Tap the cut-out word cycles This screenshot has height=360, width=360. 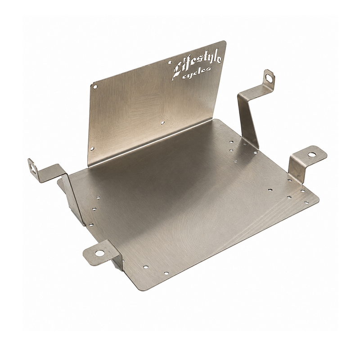197,72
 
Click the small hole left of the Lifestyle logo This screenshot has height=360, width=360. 170,62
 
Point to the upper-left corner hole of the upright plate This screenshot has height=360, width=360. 95,87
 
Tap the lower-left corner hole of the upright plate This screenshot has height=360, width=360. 92,148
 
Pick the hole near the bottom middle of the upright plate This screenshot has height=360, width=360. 162,123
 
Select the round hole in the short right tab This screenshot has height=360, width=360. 311,154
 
